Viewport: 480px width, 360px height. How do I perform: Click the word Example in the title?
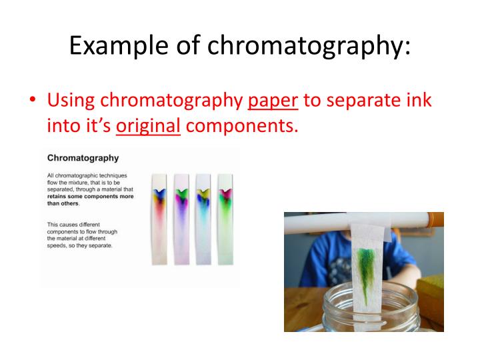[x=119, y=45]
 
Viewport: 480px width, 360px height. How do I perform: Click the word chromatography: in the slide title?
[x=309, y=45]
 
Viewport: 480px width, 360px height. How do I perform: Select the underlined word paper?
[x=273, y=101]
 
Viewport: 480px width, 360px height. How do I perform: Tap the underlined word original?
[x=148, y=126]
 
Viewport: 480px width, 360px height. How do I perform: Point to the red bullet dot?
[x=33, y=99]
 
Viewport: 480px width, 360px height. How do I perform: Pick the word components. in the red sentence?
[x=242, y=125]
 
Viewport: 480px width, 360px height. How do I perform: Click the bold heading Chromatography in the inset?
[x=83, y=158]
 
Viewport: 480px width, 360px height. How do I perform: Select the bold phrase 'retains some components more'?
[x=90, y=196]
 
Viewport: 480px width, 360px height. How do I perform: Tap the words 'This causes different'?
[x=73, y=225]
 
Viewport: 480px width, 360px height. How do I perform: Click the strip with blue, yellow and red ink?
[x=159, y=219]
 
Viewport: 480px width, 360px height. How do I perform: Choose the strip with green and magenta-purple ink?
[x=181, y=219]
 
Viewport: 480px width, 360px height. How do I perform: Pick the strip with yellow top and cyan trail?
[x=203, y=219]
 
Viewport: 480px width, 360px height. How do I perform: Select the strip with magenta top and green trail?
[x=225, y=219]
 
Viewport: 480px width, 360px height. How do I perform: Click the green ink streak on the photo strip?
[x=366, y=269]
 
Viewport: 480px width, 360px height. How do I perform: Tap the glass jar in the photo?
[x=371, y=309]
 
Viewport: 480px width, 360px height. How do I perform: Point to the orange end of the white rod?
[x=436, y=223]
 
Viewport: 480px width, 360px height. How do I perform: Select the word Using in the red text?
[x=71, y=101]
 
